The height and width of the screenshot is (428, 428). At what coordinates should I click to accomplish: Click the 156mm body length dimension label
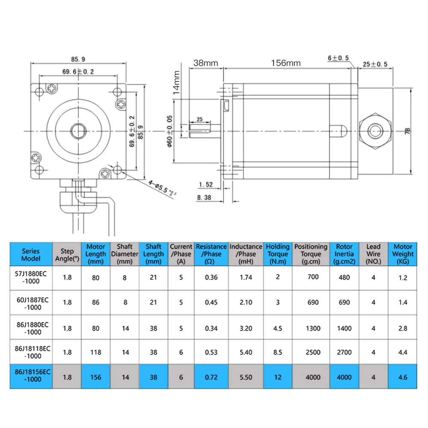coord(285,63)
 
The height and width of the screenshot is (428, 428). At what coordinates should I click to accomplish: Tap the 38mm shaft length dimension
coord(205,63)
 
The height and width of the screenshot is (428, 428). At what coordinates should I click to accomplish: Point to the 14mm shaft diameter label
coord(176,83)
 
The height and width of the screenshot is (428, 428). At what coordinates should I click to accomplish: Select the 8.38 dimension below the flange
coord(204,197)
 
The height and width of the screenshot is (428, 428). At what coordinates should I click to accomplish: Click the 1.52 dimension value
coord(205,184)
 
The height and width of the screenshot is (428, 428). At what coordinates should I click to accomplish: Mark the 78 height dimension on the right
coord(407,131)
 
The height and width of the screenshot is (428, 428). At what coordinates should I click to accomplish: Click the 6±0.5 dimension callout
coord(338,58)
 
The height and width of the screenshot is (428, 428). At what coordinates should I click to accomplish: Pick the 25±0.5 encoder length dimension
coord(375,64)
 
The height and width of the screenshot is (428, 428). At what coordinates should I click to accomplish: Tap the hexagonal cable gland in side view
coord(375,131)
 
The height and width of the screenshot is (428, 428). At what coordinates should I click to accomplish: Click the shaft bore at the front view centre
coord(79,131)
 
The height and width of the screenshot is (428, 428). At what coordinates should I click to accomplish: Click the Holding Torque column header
coord(278,254)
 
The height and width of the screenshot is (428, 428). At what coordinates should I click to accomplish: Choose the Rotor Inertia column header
coord(344,254)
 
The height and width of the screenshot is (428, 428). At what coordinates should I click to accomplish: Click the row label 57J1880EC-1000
coord(31,277)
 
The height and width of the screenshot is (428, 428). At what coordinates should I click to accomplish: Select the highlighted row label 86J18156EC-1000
coord(33,376)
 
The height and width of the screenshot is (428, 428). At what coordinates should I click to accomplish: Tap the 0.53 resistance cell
coord(211,352)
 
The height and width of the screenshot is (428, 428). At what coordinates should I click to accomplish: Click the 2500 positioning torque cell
coord(313,352)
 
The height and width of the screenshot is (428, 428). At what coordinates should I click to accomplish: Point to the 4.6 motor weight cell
coord(403,377)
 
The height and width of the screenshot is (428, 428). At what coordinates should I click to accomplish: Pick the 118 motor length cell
coord(95,352)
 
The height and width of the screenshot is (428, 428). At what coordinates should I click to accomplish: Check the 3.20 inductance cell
coord(246,328)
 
